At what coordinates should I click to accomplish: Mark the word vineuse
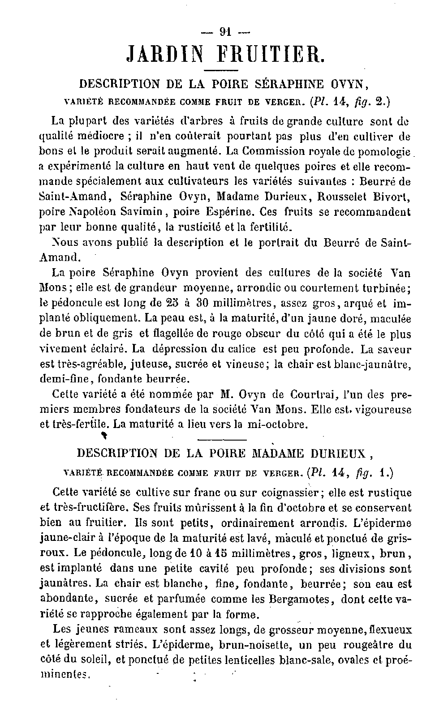pos(245,364)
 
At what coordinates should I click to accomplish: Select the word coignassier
pos(289,493)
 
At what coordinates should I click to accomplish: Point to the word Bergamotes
pos(301,599)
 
